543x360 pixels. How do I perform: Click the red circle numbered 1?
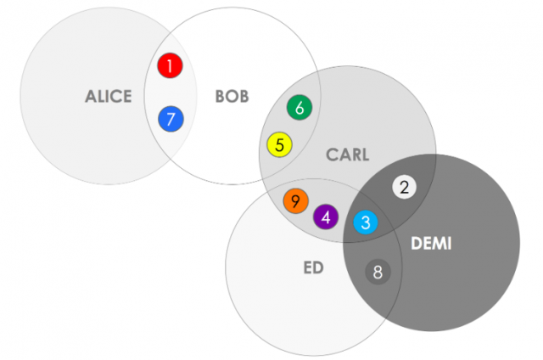coord(171,65)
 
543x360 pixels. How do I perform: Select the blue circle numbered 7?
coord(171,120)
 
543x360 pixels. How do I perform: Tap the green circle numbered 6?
coord(300,108)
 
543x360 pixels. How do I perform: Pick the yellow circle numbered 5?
coord(279,145)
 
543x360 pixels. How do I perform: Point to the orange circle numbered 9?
coord(295,201)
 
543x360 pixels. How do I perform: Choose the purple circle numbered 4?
coord(326,217)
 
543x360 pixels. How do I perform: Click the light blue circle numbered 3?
coord(366,223)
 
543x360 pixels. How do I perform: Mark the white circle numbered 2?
coord(405,188)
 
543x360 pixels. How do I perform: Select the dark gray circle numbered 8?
coord(378,273)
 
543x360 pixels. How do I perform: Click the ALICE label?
coord(109,97)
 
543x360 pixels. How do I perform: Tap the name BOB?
coord(232,97)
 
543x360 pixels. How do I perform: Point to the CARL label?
coord(348,155)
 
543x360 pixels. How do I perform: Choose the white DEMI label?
coord(431,245)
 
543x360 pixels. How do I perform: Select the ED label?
coord(313,268)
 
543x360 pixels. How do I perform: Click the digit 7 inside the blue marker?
coord(171,120)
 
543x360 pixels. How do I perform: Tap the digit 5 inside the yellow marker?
coord(279,145)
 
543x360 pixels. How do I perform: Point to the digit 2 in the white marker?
coord(405,188)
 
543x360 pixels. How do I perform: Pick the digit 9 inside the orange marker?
coord(295,201)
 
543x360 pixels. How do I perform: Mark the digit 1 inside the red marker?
coord(171,65)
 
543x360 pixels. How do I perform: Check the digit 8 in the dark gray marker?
coord(378,273)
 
